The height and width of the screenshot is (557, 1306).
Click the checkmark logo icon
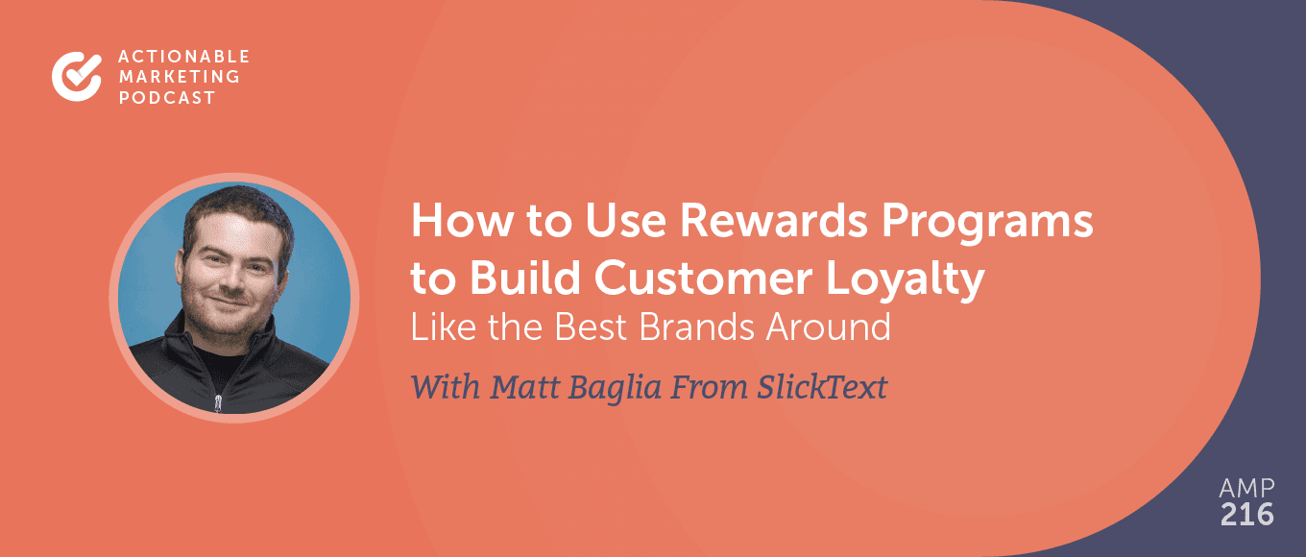tap(77, 76)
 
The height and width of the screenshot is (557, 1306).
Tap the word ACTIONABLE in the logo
tap(184, 56)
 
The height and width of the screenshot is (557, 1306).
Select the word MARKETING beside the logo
tap(180, 77)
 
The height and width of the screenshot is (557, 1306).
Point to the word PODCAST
tap(167, 97)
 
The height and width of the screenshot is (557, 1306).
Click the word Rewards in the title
tap(774, 221)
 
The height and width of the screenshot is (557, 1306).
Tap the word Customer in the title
tap(703, 278)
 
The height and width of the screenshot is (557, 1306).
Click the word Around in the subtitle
tap(829, 327)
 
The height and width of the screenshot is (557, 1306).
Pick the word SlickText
tap(822, 387)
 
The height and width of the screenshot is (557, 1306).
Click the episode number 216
tap(1247, 515)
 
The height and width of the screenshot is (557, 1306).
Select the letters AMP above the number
tap(1247, 488)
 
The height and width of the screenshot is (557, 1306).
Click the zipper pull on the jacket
tap(218, 402)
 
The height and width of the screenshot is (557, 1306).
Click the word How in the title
tap(462, 221)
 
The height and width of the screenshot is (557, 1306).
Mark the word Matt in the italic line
tap(523, 387)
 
